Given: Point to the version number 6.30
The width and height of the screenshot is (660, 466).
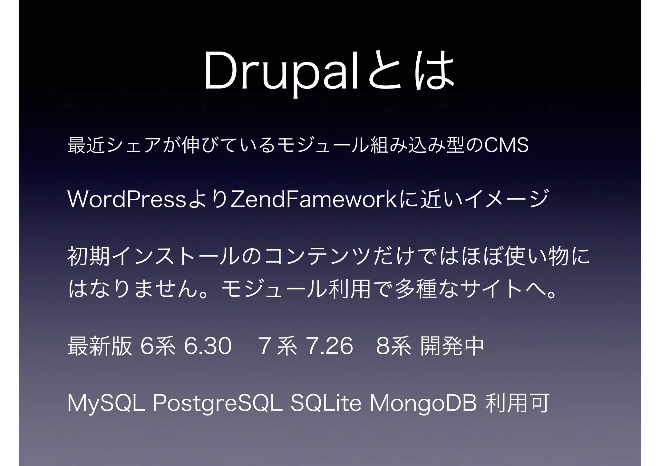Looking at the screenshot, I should (208, 346).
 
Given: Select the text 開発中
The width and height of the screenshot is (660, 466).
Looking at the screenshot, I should (452, 346).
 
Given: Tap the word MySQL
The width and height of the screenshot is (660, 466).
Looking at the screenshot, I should (106, 404).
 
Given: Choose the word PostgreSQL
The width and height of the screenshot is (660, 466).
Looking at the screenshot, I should (218, 404).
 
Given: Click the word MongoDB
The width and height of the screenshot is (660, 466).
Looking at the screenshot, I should (423, 404).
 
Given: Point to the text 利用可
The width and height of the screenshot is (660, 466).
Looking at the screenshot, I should (517, 404).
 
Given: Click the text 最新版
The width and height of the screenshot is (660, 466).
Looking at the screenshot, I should (100, 346).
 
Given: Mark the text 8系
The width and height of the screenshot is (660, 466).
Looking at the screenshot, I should (393, 346).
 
